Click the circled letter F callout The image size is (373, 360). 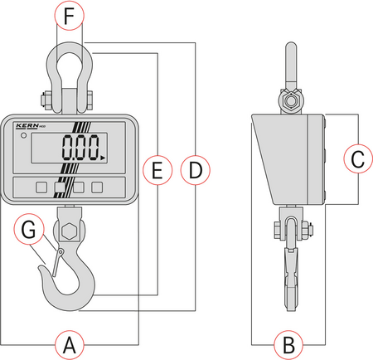[x=71, y=14]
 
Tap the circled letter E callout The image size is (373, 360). [x=157, y=171]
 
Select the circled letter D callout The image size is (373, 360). [x=194, y=171]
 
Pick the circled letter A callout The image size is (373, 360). [x=71, y=342]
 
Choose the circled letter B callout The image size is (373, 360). [x=288, y=342]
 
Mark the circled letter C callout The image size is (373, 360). [x=356, y=158]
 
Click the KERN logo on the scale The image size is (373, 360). [x=28, y=126]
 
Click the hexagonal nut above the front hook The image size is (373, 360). [x=70, y=227]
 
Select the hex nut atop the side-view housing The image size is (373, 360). [x=289, y=101]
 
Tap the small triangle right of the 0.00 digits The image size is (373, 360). [x=104, y=154]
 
